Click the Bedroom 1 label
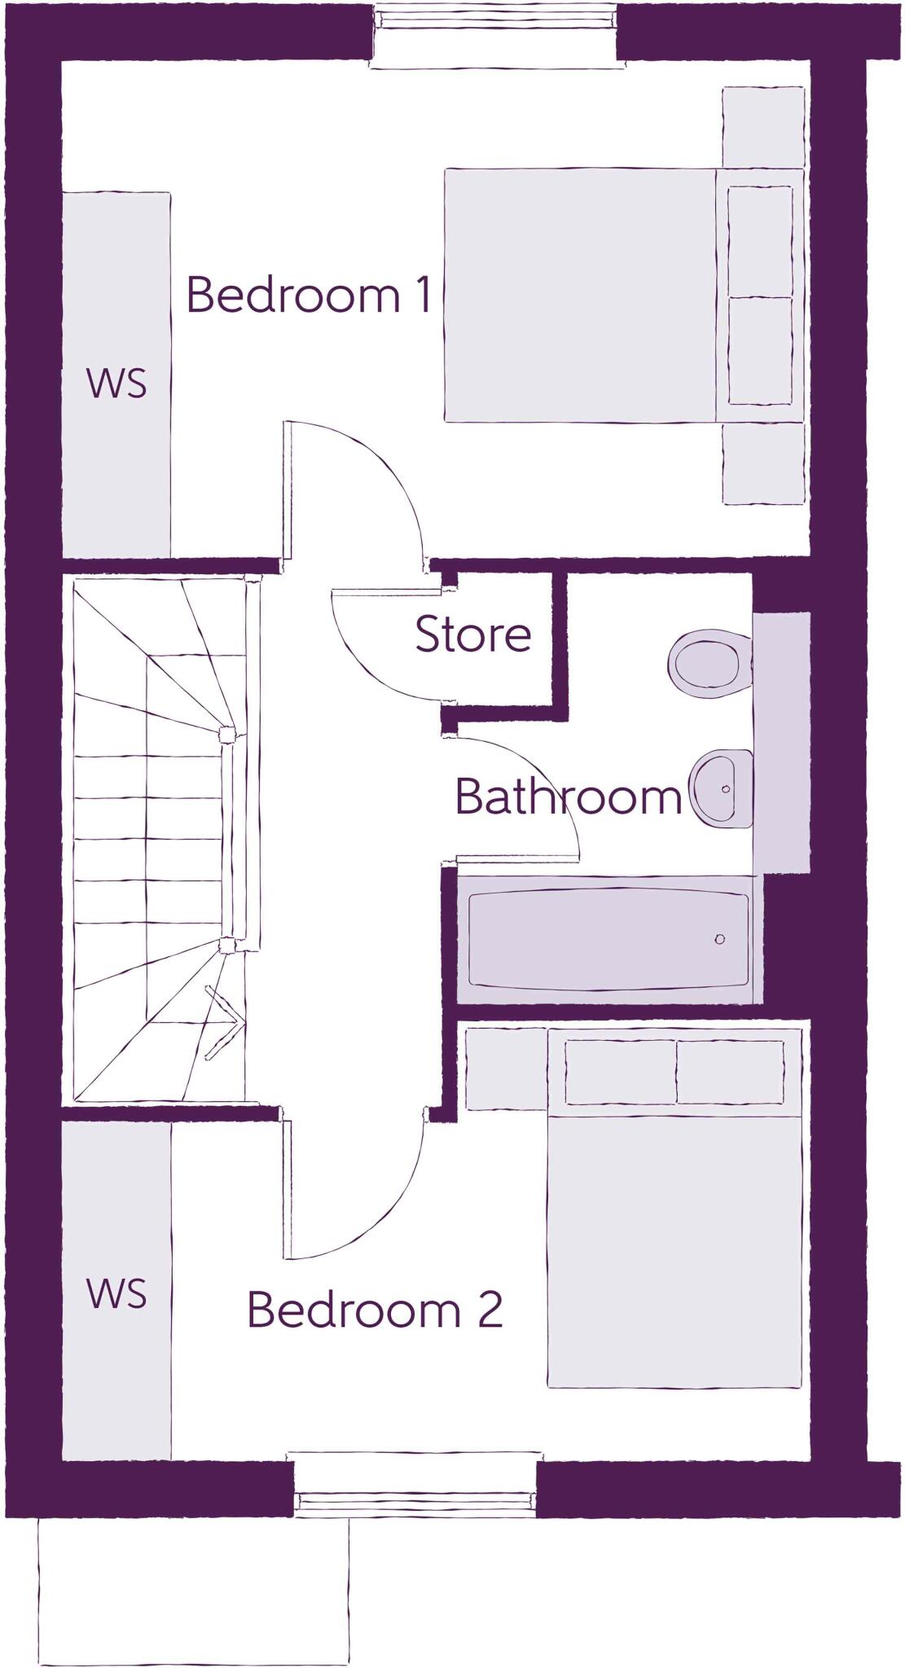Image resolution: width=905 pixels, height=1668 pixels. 308,295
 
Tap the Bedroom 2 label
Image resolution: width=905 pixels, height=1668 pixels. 374,1310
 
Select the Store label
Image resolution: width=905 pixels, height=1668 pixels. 472,634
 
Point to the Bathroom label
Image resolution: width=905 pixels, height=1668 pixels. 568,797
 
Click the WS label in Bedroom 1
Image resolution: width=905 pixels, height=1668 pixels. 117,383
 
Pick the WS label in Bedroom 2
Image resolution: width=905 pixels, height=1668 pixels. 117,1294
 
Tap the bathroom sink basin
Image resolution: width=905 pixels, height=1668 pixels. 722,788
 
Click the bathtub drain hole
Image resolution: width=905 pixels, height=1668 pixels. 719,939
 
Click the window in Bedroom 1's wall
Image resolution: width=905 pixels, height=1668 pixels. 493,36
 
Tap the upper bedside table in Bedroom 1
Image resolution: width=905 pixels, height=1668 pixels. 763,127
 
